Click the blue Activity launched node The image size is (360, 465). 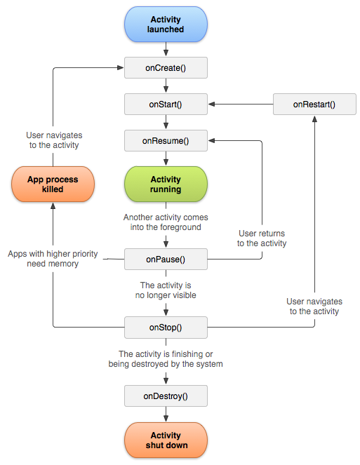[166, 25]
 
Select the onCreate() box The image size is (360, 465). [166, 67]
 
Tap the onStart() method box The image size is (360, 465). [166, 105]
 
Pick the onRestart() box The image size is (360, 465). [314, 105]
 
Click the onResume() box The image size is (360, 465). [166, 140]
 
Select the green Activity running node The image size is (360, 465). [166, 184]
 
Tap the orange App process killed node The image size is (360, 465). [53, 184]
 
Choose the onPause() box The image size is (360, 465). [166, 260]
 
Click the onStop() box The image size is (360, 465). [166, 327]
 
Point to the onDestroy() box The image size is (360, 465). [166, 396]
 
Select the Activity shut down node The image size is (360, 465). [166, 440]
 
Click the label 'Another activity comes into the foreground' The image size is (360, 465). [166, 222]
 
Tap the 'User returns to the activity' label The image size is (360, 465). [262, 238]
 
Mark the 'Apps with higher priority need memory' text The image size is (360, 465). [53, 259]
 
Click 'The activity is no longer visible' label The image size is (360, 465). [166, 290]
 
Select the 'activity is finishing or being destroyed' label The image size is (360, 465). [166, 359]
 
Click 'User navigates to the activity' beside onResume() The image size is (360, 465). [54, 140]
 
